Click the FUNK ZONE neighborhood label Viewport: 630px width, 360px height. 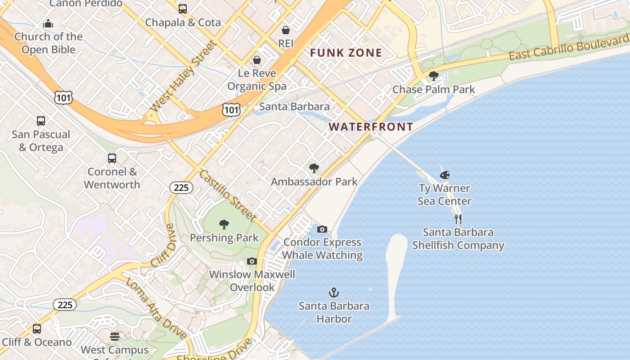[346, 53]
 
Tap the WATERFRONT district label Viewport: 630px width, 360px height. [371, 127]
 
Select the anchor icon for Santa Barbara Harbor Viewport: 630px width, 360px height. [334, 293]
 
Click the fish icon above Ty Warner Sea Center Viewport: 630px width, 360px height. [445, 175]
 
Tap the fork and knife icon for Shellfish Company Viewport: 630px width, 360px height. [458, 219]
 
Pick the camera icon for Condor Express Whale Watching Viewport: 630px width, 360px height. [322, 229]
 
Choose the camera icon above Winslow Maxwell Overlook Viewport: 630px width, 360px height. [252, 261]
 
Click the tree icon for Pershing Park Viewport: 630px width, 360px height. [224, 225]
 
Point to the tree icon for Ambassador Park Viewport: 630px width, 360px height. [314, 169]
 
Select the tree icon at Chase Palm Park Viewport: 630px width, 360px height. [434, 76]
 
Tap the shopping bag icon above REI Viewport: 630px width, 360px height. [286, 30]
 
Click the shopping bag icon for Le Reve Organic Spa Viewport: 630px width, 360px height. [257, 60]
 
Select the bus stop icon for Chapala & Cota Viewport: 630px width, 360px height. [183, 9]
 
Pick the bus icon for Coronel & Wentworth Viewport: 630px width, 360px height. [112, 158]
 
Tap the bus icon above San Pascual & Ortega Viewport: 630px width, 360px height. [41, 121]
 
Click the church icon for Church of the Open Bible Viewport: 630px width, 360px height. [48, 23]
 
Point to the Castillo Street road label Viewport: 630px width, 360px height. [227, 195]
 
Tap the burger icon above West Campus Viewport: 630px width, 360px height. [115, 337]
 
